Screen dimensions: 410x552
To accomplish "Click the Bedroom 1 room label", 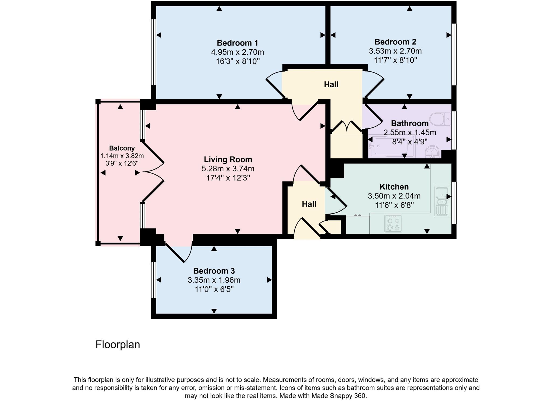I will coord(237,43).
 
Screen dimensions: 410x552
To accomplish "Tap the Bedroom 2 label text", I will coord(395,42).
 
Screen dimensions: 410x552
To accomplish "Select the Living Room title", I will coord(228,159).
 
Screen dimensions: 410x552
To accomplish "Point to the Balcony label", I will coord(122,148).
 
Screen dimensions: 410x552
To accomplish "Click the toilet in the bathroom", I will coord(440,119).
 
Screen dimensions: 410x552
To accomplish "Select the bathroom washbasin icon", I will coord(433,152).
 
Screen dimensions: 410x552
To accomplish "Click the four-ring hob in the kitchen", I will coord(393,224).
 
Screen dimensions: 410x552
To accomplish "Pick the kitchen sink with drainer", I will coord(442,201).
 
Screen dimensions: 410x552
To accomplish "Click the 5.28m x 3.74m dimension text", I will coord(228,169).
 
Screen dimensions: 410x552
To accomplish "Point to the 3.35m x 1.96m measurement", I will coord(214,280).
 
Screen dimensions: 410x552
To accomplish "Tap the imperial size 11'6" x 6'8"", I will coord(394,205).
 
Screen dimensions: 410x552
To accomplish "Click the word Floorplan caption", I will coord(118,345).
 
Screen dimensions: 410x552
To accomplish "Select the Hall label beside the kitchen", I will coord(309,204).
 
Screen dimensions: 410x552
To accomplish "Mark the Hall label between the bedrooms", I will coord(331,85).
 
